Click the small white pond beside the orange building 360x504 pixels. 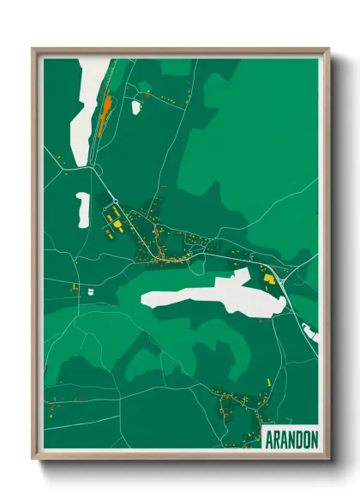135,107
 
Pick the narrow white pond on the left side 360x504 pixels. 82,208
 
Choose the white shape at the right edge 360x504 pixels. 310,333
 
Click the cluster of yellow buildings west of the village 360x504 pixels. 115,222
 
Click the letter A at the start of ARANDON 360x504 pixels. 267,438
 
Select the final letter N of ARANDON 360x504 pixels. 314,438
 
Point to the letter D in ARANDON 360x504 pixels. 296,438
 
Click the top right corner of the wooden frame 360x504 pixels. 328,49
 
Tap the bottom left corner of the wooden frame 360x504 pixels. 33,459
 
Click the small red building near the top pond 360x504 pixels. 147,96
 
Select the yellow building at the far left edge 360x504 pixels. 75,288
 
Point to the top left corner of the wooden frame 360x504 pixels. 33,49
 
